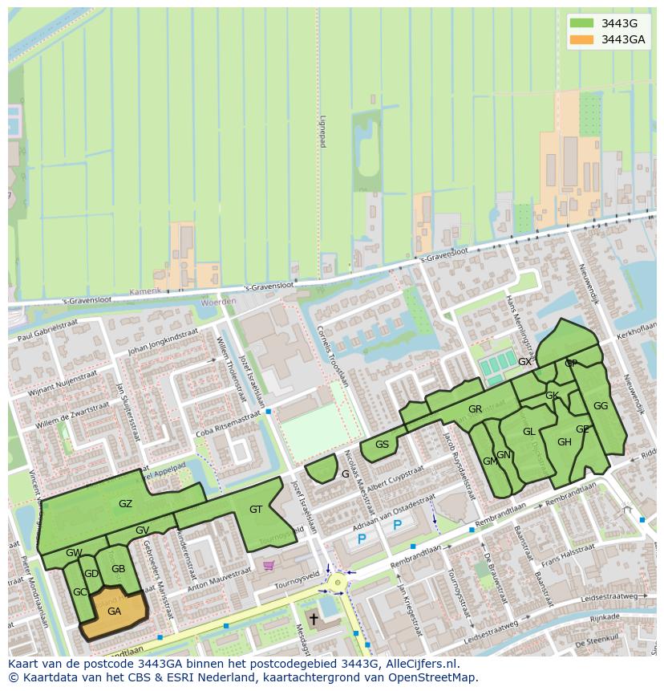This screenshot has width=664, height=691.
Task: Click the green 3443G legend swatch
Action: coord(581,22)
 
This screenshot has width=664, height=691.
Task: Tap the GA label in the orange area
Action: coord(114,611)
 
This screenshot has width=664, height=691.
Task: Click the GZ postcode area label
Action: coord(125,504)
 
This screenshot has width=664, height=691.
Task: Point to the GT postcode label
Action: coord(256,510)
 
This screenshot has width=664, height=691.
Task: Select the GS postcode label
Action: coord(382,445)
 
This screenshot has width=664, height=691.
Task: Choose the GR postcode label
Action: coord(475,409)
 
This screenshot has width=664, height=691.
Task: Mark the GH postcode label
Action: coord(564,442)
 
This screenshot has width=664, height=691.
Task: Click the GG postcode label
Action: coord(600,406)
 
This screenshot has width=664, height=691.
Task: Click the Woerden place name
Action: coord(218,302)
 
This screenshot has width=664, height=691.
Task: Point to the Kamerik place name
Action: coord(145,291)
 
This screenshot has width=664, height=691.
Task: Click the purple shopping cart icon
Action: coord(268,565)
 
